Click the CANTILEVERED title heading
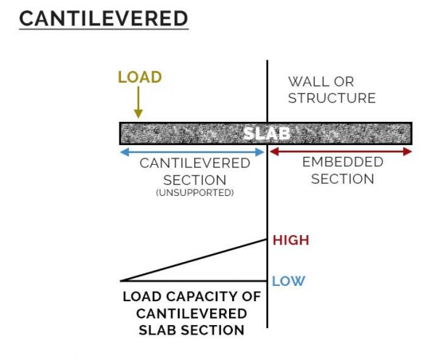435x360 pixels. (x=104, y=18)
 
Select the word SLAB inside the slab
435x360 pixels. (x=265, y=134)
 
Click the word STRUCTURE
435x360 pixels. (x=331, y=98)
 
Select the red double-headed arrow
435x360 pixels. (x=341, y=152)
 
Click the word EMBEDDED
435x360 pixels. (x=342, y=163)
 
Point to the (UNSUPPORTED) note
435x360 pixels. (x=194, y=194)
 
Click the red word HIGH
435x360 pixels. (x=291, y=240)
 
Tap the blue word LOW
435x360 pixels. (x=289, y=281)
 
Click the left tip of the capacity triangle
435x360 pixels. (x=122, y=280)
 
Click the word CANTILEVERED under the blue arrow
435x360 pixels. (x=195, y=163)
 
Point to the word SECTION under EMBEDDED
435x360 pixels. (x=342, y=179)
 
